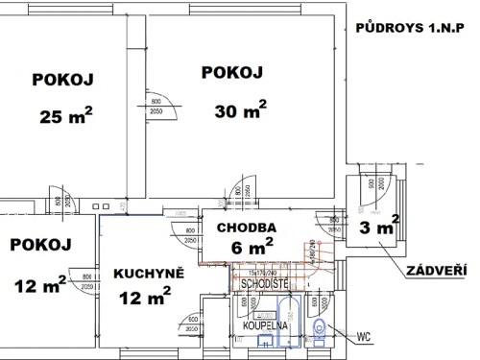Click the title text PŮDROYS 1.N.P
[415, 29]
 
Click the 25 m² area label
[66, 117]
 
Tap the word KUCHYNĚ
[143, 274]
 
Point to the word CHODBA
[247, 228]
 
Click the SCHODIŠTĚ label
[265, 284]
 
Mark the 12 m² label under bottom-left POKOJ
[40, 283]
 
